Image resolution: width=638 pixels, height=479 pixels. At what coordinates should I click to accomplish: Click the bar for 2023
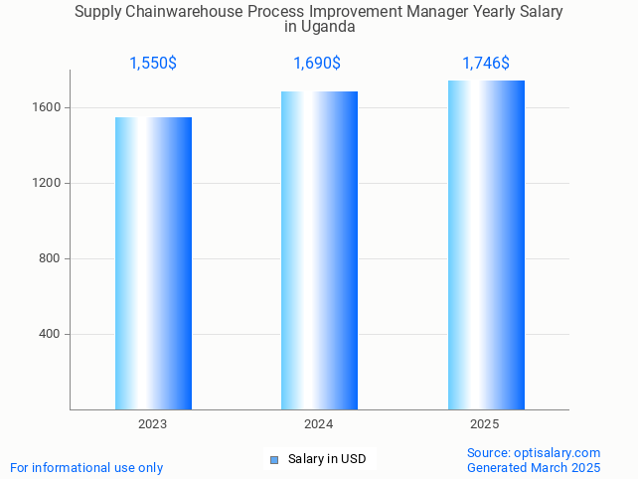[x=153, y=263]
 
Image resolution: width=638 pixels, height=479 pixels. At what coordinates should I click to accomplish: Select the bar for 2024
[x=319, y=250]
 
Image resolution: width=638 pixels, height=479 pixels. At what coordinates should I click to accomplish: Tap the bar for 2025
[x=486, y=244]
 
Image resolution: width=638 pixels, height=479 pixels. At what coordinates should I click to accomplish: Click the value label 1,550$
[x=153, y=64]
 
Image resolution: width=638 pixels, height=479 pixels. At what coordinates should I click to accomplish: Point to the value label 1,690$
[x=317, y=64]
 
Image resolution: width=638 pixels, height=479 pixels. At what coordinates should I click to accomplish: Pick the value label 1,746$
[x=486, y=64]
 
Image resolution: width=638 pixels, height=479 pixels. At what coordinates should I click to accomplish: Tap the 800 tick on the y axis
[x=51, y=258]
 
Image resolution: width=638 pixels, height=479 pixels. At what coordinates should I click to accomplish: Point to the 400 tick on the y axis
[x=51, y=334]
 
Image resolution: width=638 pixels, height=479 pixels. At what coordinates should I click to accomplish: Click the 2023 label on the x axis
[x=153, y=424]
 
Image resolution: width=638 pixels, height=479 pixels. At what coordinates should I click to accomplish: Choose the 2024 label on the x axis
[x=319, y=424]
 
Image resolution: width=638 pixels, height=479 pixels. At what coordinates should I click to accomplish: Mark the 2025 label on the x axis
[x=485, y=424]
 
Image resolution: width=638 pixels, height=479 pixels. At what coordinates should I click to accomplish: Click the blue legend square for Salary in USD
[x=274, y=459]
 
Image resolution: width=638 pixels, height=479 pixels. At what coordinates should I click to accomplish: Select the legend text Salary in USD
[x=327, y=459]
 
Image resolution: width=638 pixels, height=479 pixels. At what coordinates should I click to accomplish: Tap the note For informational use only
[x=86, y=467]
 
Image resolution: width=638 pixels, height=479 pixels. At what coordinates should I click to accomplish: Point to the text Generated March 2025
[x=534, y=467]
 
